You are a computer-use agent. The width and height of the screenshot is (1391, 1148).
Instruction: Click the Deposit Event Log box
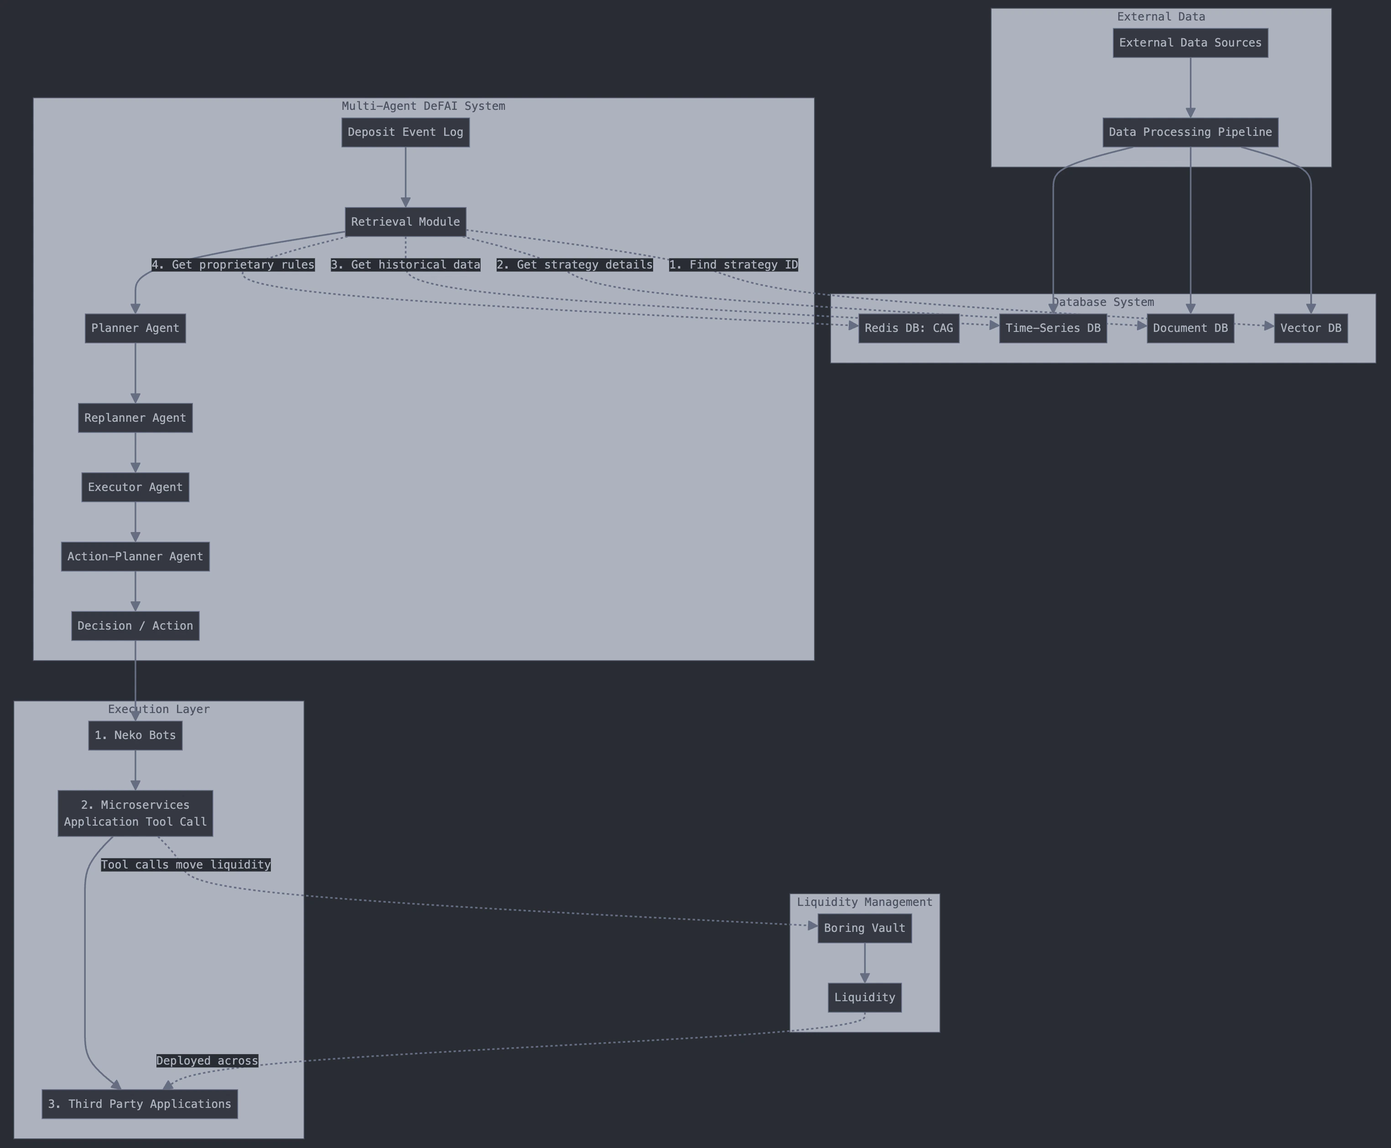point(405,132)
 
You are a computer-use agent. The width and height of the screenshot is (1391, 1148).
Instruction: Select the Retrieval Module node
point(405,222)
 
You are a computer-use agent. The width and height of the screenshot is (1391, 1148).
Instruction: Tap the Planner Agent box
point(135,328)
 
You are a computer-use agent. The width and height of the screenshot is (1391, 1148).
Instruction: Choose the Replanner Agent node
point(135,418)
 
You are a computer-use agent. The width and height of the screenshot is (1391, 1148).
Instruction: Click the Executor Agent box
point(135,487)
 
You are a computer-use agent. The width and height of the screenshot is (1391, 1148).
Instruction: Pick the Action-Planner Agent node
point(135,557)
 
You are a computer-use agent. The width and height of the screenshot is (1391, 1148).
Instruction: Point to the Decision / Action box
point(135,626)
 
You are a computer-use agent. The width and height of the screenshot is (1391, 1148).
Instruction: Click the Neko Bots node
point(135,735)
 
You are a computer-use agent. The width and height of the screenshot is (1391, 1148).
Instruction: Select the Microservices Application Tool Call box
point(135,813)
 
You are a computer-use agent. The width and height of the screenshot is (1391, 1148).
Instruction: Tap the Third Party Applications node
point(140,1104)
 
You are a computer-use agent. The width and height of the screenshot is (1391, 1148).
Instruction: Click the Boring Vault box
point(865,928)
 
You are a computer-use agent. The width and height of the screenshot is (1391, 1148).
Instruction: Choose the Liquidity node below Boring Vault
point(865,997)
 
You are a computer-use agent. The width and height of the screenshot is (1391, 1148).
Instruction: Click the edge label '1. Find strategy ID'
point(733,264)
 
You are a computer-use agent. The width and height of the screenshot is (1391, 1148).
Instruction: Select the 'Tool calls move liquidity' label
point(186,865)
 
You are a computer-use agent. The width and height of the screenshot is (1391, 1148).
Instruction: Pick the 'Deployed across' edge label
point(207,1061)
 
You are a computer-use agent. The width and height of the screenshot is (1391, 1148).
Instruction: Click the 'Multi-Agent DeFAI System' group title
point(423,106)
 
